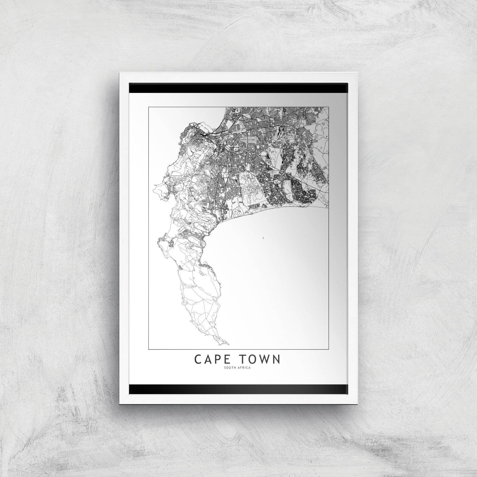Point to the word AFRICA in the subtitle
tap(244, 367)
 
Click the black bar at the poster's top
tap(238, 88)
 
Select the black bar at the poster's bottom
tap(238, 388)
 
